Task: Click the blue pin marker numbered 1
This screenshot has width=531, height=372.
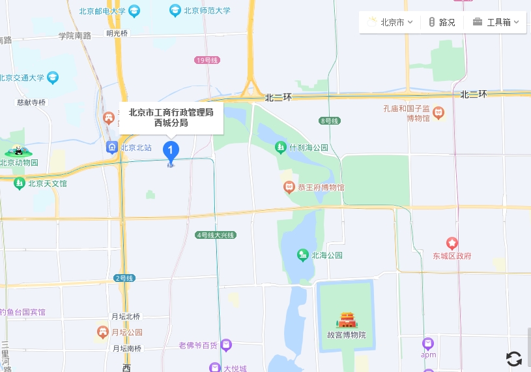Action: point(171,151)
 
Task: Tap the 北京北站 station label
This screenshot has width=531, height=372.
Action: point(136,147)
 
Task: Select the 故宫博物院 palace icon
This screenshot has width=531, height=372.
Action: point(347,320)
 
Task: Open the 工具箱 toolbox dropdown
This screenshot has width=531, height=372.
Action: point(496,22)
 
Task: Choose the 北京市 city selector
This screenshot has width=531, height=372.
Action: point(390,22)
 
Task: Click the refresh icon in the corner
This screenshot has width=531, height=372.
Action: point(514,358)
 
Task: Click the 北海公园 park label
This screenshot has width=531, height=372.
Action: point(327,255)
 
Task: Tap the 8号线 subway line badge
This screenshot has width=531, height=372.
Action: point(330,121)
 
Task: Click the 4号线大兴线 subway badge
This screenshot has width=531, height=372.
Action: point(215,235)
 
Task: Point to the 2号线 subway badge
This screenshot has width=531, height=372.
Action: point(124,278)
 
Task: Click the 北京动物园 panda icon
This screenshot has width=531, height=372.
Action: point(18,151)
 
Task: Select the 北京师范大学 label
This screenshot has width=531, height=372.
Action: point(207,10)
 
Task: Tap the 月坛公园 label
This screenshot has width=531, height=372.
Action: point(126,332)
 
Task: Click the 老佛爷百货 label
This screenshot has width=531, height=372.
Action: point(198,345)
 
